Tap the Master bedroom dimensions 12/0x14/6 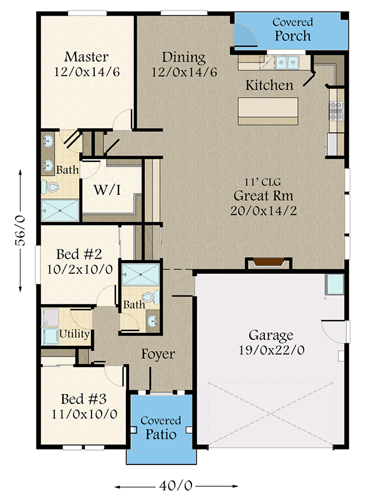[x=87, y=72]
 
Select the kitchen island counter [x=268, y=112]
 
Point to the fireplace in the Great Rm [x=268, y=263]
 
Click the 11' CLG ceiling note [x=262, y=182]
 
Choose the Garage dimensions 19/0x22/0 [x=271, y=350]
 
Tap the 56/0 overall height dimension [x=21, y=231]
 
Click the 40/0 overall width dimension [x=176, y=486]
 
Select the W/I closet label [x=107, y=190]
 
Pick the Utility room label [x=74, y=334]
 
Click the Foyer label [x=158, y=354]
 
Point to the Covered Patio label [x=161, y=428]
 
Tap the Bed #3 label [x=84, y=399]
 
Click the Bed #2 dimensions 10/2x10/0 [x=80, y=269]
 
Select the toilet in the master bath [x=50, y=187]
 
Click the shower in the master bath [x=60, y=210]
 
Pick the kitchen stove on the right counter [x=337, y=112]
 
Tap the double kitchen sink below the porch [x=287, y=62]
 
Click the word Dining [x=184, y=57]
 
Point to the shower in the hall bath [x=141, y=274]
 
